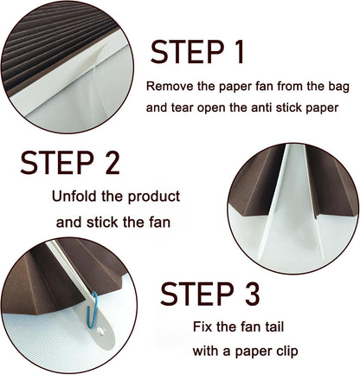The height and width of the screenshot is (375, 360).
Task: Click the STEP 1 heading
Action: click(197, 52)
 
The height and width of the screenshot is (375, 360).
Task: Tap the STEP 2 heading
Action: click(70, 162)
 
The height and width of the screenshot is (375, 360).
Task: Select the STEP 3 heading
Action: click(210, 294)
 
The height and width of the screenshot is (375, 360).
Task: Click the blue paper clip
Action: click(93, 310)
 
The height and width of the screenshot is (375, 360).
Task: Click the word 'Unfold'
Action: click(74, 197)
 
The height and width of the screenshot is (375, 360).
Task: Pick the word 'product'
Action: click(154, 197)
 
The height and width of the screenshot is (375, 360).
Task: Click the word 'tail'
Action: click(273, 327)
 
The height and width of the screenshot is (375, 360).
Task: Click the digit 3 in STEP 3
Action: click(253, 294)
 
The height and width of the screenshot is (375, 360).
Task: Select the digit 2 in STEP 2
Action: click(112, 162)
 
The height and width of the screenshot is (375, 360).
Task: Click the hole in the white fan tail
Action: click(101, 332)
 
